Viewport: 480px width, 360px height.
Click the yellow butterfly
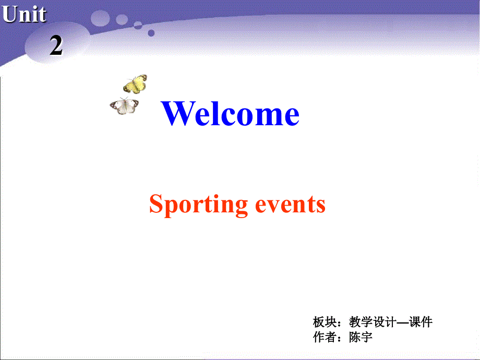pyautogui.click(x=135, y=83)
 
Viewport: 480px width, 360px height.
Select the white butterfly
pyautogui.click(x=125, y=106)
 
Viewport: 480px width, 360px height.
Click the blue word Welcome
pyautogui.click(x=231, y=114)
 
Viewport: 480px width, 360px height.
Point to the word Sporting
pyautogui.click(x=198, y=204)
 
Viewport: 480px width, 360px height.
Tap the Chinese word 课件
pyautogui.click(x=421, y=322)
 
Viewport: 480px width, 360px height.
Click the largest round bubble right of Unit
pyautogui.click(x=101, y=19)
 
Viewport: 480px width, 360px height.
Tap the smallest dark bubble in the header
pyautogui.click(x=151, y=33)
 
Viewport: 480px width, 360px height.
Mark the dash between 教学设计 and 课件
pyautogui.click(x=403, y=322)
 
